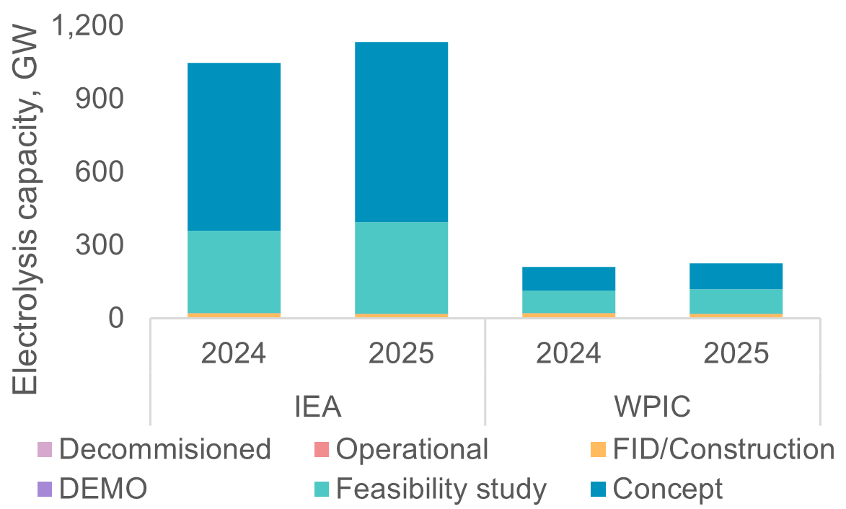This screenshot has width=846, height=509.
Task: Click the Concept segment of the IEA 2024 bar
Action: [x=234, y=146]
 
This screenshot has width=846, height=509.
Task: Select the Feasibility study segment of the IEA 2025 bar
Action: [x=401, y=267]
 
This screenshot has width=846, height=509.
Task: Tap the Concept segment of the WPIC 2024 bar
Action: [x=568, y=278]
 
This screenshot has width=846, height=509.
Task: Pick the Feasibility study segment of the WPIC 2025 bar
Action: [x=736, y=301]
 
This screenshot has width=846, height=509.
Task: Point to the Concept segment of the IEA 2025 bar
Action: [x=401, y=131]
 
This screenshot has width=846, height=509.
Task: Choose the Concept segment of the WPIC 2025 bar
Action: [x=736, y=276]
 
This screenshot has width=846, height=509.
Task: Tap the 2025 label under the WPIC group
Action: [x=736, y=354]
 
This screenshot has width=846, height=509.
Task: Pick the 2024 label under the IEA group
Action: [x=234, y=354]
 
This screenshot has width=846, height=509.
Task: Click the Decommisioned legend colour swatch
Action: [x=45, y=449]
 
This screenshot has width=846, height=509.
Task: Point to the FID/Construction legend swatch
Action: [x=597, y=449]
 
